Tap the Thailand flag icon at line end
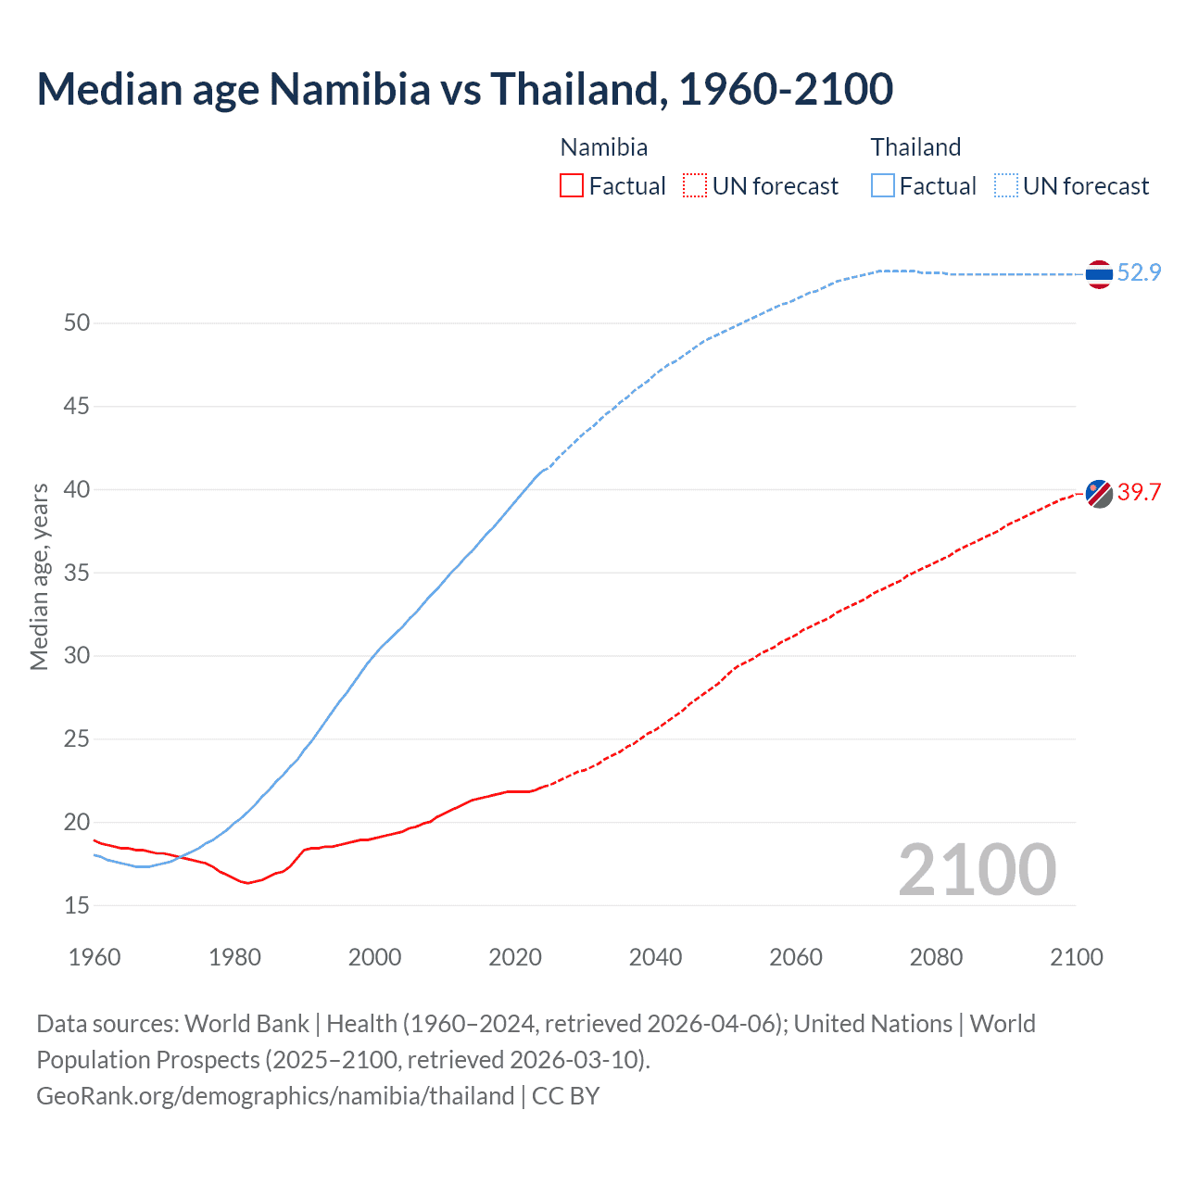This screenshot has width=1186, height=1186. pyautogui.click(x=1099, y=274)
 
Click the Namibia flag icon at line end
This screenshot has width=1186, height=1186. pyautogui.click(x=1099, y=494)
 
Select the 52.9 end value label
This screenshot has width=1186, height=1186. pyautogui.click(x=1139, y=272)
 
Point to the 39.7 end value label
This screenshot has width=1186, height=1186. pyautogui.click(x=1139, y=492)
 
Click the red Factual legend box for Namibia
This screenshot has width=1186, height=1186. pyautogui.click(x=572, y=186)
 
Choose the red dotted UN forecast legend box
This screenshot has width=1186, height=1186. pyautogui.click(x=695, y=186)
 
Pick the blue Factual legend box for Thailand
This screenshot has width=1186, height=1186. pyautogui.click(x=883, y=186)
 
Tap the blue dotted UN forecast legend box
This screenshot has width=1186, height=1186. pyautogui.click(x=1006, y=186)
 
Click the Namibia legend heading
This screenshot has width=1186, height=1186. pyautogui.click(x=604, y=147)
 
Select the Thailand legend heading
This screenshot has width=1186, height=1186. pyautogui.click(x=915, y=147)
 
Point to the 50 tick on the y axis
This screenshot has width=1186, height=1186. pyautogui.click(x=77, y=323)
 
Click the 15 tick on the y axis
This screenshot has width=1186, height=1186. pyautogui.click(x=77, y=905)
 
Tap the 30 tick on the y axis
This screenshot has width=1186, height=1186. pyautogui.click(x=77, y=656)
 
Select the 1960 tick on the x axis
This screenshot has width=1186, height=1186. pyautogui.click(x=95, y=957)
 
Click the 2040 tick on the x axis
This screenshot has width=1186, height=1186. pyautogui.click(x=655, y=957)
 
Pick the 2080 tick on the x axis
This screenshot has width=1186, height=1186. pyautogui.click(x=936, y=957)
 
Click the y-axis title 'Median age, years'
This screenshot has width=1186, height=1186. pyautogui.click(x=39, y=576)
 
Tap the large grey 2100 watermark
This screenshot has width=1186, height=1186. pyautogui.click(x=977, y=869)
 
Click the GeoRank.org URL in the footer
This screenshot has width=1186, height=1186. pyautogui.click(x=275, y=1096)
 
